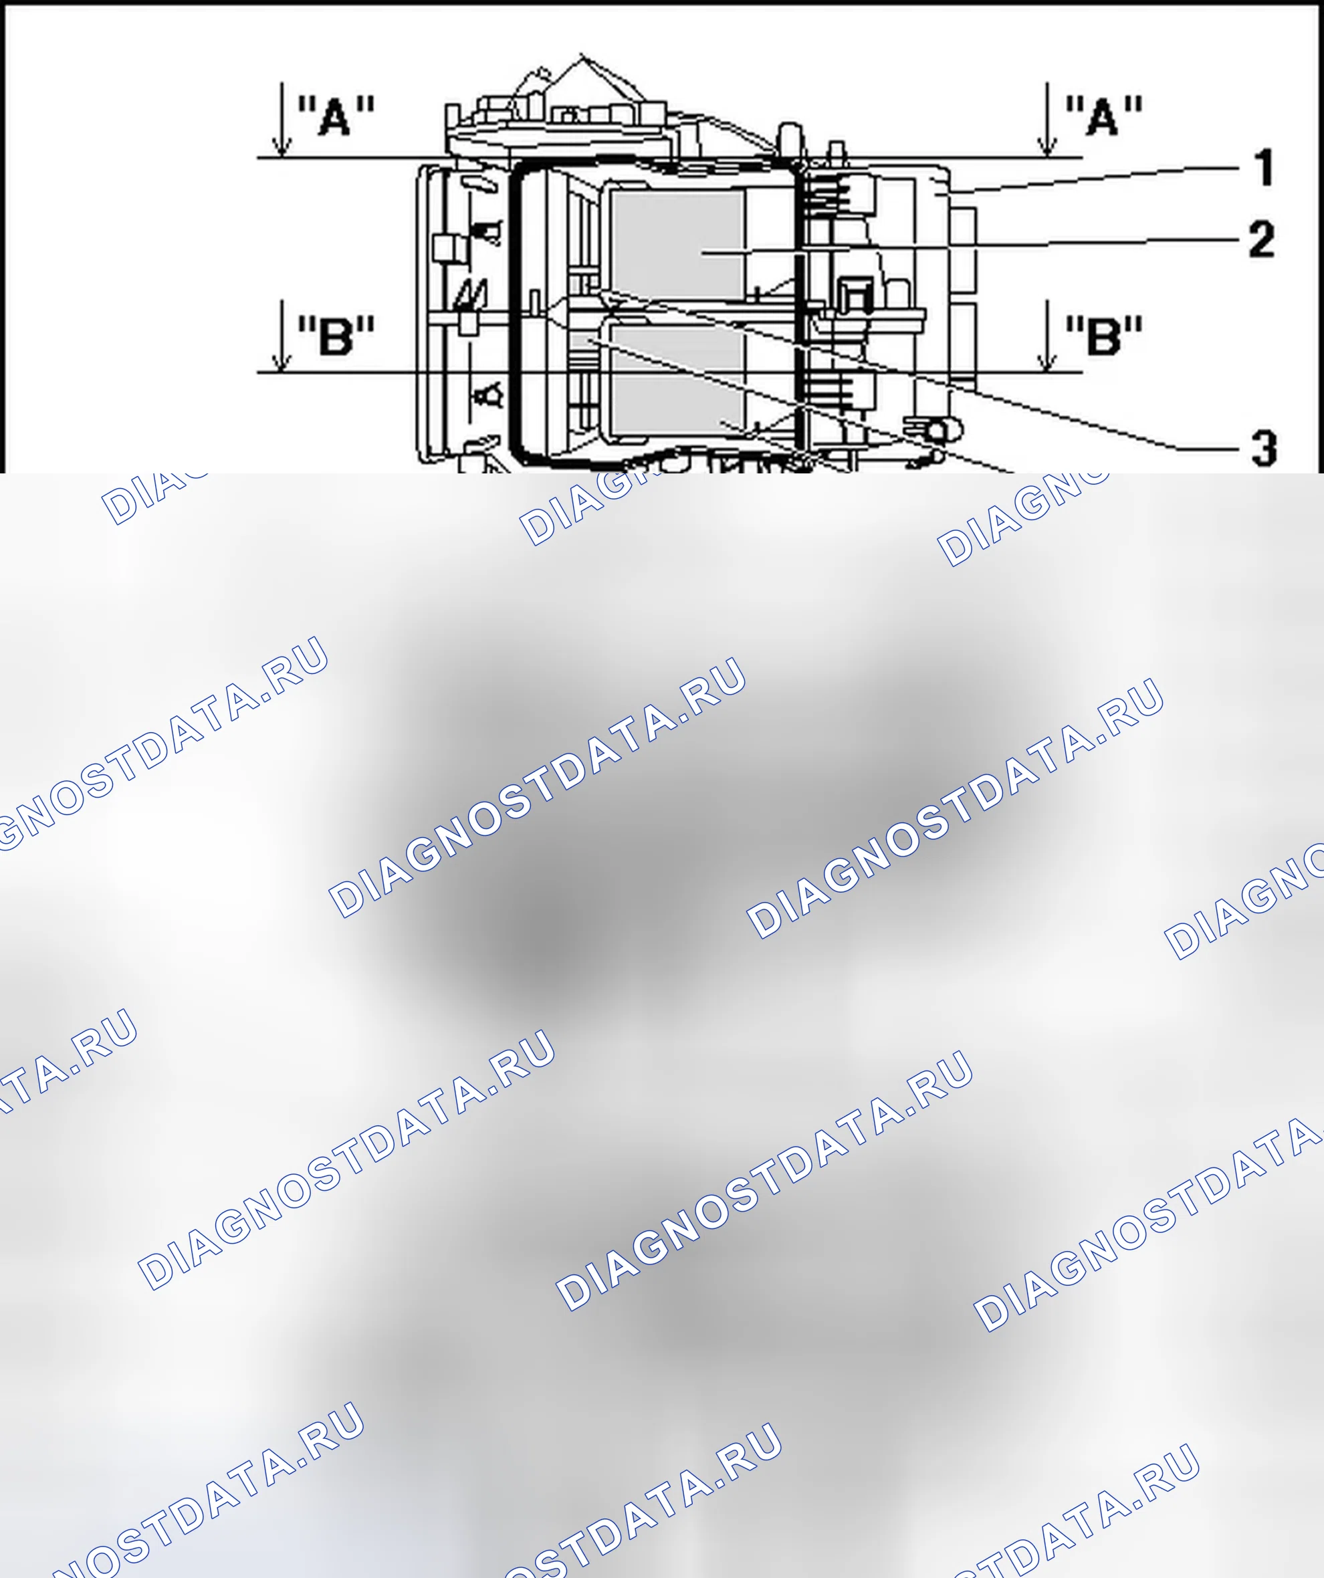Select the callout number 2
1262,239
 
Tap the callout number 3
1264,448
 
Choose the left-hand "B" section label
336,335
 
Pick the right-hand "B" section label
1104,335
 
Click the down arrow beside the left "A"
282,120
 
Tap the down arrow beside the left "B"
282,336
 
